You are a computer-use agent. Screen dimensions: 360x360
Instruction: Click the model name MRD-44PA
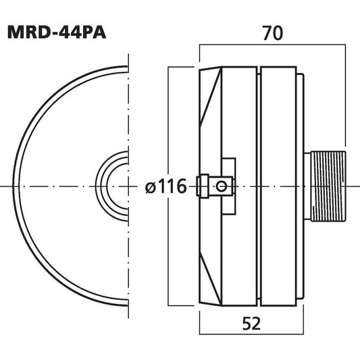click(57, 32)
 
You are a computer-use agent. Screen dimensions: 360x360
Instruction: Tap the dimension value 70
click(272, 33)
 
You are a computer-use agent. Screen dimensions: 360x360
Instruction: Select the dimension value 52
click(251, 324)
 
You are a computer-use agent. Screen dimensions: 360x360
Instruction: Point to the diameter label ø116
click(165, 186)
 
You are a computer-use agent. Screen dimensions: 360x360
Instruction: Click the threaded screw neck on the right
click(328, 186)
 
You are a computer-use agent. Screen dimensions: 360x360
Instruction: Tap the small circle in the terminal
click(222, 186)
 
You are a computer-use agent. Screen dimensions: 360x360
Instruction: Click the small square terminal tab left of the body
click(203, 186)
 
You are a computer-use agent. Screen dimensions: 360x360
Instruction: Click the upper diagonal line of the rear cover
click(211, 97)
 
